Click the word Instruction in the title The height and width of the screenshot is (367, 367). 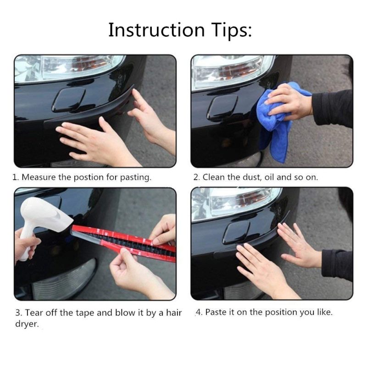coord(156,30)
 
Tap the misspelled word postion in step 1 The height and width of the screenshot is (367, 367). coord(89,178)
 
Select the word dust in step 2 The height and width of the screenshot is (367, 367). coord(252,178)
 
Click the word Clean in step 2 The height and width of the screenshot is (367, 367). coord(213,177)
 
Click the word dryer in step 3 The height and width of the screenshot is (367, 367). coord(27,324)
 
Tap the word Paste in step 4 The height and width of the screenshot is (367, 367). coord(216,312)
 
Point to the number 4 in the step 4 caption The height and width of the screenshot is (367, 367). coord(199,312)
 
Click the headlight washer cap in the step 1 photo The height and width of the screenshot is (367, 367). coord(69,99)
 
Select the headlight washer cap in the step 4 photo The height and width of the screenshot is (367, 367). coord(237,232)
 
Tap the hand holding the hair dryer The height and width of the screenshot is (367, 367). coord(26,244)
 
